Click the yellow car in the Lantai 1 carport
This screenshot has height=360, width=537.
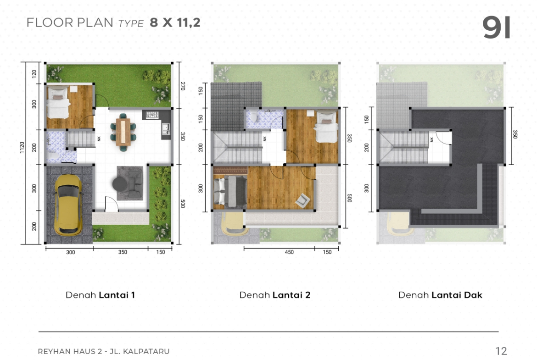[68, 205]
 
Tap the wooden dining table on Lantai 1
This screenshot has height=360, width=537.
[123, 132]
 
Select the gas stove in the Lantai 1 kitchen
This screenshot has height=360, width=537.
[152, 115]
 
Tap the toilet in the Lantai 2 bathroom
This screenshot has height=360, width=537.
[254, 116]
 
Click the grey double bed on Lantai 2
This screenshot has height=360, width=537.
[230, 191]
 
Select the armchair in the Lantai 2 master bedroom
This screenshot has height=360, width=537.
[303, 200]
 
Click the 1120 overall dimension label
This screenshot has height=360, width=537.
[22, 148]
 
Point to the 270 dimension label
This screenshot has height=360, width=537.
[183, 86]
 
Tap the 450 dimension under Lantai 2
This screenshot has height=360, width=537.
[289, 252]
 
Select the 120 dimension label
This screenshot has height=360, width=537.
[34, 74]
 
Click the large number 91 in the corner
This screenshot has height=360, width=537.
[496, 28]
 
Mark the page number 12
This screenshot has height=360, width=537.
[501, 351]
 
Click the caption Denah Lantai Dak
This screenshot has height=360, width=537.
[440, 295]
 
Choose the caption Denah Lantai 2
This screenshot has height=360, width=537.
[274, 295]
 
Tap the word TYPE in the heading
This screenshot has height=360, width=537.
[131, 23]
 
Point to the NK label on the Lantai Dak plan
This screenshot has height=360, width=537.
[431, 139]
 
